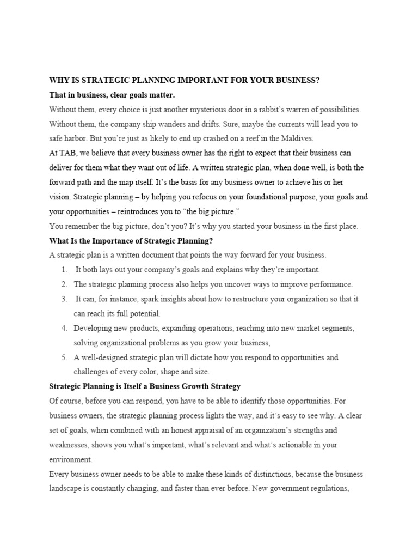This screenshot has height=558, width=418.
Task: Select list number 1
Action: [64, 270]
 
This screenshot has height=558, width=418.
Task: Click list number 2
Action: [64, 284]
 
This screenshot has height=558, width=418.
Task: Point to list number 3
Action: [64, 299]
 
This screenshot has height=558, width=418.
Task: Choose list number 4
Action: [64, 329]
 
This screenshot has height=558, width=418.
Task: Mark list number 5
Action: [64, 357]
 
